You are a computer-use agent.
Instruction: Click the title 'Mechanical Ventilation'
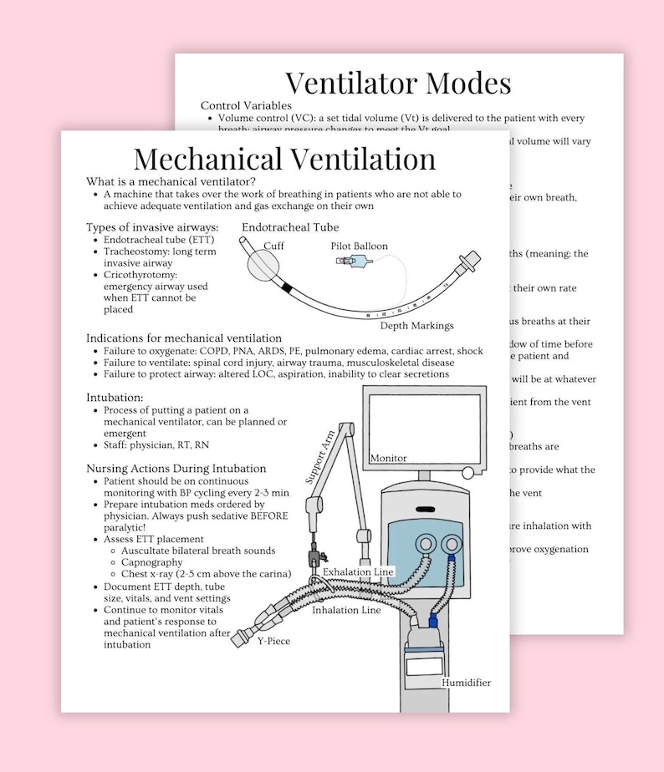tap(284, 159)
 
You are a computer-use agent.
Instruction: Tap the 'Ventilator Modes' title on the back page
tap(397, 83)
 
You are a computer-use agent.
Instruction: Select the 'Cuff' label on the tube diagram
tap(273, 246)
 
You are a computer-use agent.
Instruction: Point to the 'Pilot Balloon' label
tap(360, 246)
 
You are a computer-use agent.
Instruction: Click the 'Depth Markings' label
tap(416, 325)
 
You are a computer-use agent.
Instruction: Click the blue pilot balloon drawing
tap(355, 264)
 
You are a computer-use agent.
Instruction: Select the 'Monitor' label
tap(388, 458)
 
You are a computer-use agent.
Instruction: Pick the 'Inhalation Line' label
tap(346, 610)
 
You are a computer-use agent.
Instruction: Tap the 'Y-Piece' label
tap(274, 642)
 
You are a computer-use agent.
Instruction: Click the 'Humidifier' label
tap(467, 683)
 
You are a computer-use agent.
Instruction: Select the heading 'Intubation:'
tap(115, 397)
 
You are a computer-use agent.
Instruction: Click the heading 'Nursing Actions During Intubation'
tap(176, 469)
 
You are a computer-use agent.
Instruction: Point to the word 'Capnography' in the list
tap(153, 562)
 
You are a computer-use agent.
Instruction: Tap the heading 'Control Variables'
tap(246, 105)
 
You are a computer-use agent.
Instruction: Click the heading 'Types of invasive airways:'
tap(152, 227)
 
